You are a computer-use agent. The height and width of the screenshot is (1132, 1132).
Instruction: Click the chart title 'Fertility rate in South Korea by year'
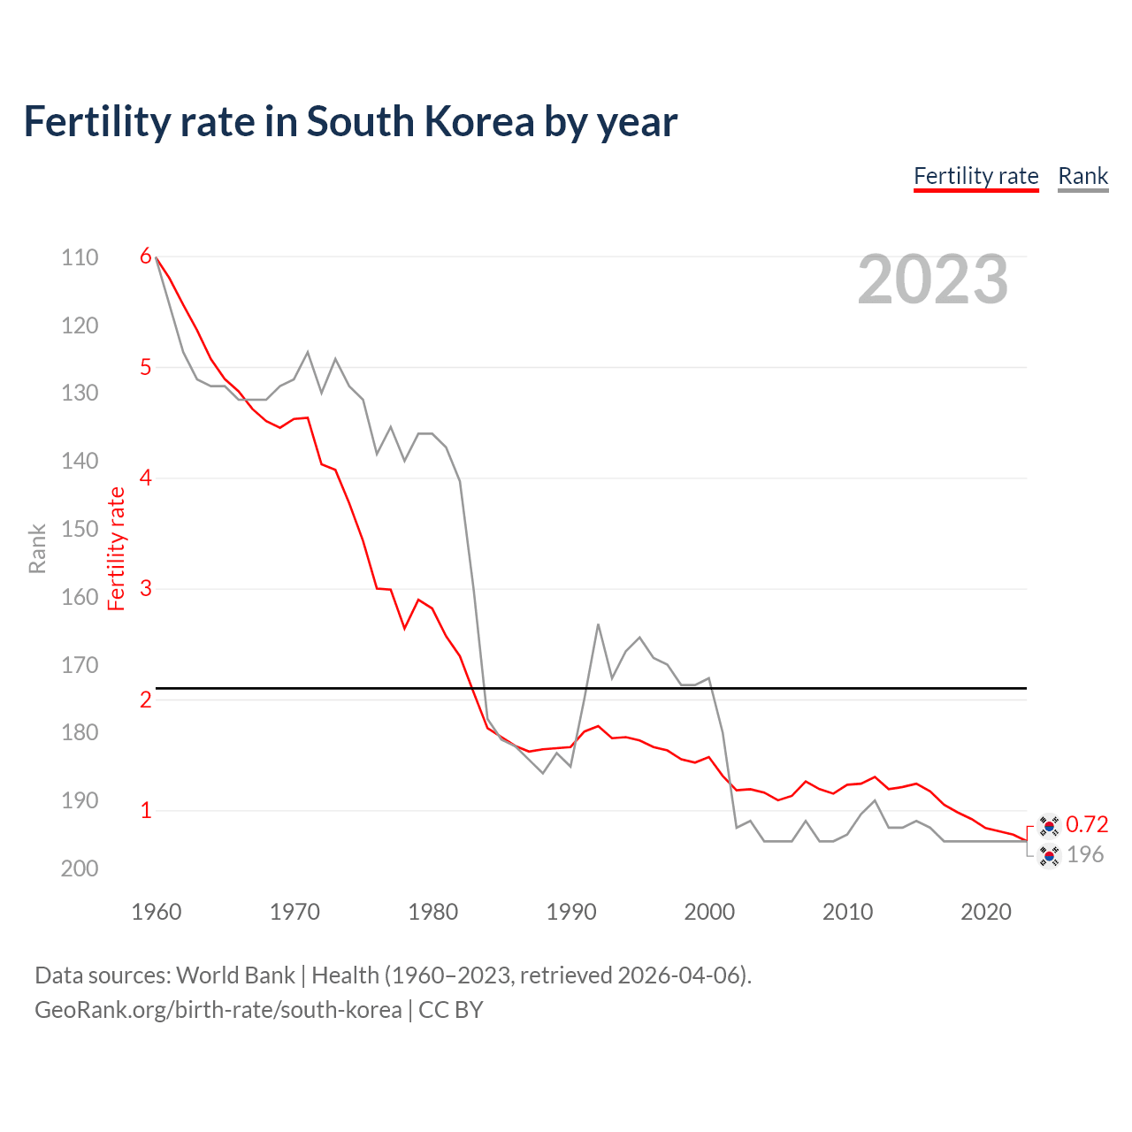click(350, 122)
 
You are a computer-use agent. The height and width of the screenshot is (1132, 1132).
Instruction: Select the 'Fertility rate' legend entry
click(975, 176)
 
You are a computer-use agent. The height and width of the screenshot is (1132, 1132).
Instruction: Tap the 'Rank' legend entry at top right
click(1082, 176)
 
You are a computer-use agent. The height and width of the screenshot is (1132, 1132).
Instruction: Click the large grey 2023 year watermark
click(933, 279)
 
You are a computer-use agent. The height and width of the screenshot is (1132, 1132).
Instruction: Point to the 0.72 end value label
click(1087, 824)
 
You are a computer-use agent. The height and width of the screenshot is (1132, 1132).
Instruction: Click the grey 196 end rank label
click(1085, 854)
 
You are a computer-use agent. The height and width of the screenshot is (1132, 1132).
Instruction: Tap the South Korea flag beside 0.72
click(1049, 825)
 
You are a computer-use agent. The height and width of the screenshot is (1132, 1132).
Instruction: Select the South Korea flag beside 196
click(1049, 855)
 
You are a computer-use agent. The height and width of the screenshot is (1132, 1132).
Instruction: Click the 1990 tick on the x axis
click(571, 912)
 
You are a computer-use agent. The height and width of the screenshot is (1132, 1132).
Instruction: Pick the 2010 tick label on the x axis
click(847, 912)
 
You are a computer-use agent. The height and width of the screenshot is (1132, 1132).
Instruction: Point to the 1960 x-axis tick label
click(157, 912)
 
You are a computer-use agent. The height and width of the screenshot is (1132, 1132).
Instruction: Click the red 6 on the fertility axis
click(146, 256)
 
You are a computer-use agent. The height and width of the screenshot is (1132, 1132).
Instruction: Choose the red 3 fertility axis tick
click(146, 588)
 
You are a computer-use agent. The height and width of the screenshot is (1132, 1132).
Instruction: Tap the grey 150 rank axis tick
click(80, 529)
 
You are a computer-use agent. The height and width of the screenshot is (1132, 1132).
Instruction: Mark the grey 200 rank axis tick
click(80, 868)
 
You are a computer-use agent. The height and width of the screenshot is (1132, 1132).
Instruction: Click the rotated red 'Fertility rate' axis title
click(116, 548)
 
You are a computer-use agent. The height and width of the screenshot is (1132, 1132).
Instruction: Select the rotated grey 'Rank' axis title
click(37, 548)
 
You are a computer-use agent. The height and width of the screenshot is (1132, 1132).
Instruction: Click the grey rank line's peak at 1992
click(599, 624)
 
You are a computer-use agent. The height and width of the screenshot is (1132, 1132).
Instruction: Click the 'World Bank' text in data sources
click(235, 975)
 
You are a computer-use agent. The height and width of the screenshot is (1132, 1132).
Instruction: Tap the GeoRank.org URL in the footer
click(218, 1010)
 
